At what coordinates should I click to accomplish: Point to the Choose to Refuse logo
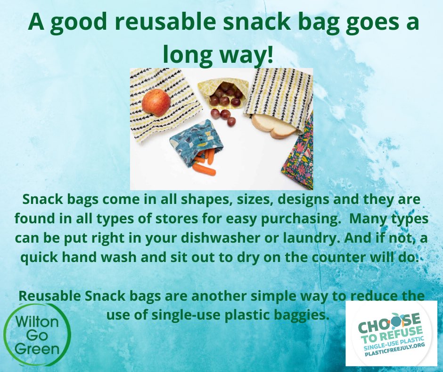coord(391,333)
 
